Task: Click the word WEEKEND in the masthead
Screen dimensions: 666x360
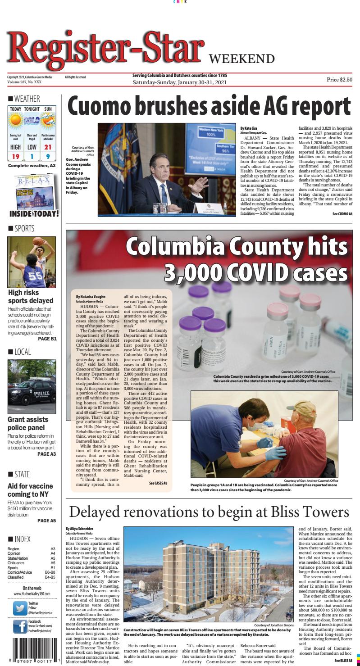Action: [x=242, y=59]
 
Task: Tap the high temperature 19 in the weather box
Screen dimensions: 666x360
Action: [x=16, y=156]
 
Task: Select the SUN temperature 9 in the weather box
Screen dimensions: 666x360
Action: [x=48, y=156]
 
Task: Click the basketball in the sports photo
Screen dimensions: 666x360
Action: [x=38, y=241]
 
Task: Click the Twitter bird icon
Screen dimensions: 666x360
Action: [x=19, y=607]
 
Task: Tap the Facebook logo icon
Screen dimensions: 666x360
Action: [x=19, y=626]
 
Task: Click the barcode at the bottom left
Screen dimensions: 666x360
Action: [x=30, y=650]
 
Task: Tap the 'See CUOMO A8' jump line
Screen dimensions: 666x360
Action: [x=342, y=213]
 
